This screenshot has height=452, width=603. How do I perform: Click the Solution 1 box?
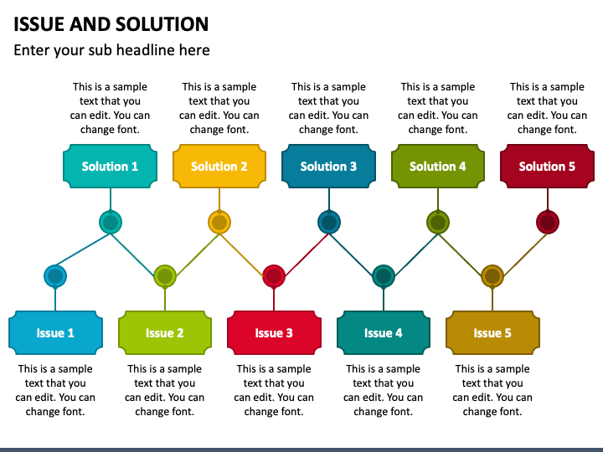click(110, 166)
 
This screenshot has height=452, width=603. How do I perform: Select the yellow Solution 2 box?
click(219, 166)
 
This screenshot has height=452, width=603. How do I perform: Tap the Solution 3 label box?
click(328, 166)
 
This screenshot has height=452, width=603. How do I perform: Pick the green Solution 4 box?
click(438, 166)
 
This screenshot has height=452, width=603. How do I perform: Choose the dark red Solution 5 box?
click(547, 166)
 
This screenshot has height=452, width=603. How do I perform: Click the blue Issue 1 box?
click(55, 333)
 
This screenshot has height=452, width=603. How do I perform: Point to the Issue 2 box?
click(165, 333)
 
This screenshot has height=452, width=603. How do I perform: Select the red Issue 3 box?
click(274, 333)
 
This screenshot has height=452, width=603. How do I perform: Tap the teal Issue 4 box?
click(384, 333)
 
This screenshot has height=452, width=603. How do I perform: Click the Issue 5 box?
click(492, 333)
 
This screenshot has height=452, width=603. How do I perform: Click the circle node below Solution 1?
click(110, 222)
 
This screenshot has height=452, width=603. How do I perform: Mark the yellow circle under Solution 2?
click(219, 222)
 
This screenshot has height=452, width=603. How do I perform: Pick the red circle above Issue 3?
click(274, 276)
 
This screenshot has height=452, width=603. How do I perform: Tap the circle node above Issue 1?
click(55, 276)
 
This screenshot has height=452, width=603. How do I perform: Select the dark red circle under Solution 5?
click(547, 222)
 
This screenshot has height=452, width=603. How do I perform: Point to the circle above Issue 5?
click(492, 276)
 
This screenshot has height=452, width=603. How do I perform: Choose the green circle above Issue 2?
click(165, 276)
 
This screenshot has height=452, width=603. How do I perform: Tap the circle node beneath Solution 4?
click(438, 222)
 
